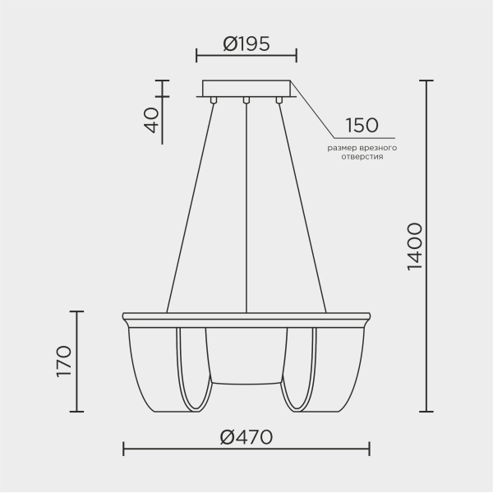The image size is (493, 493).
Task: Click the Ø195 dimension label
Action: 246,44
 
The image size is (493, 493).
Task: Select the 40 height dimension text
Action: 150,121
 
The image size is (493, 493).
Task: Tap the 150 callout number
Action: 362,126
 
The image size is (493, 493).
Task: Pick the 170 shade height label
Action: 65,362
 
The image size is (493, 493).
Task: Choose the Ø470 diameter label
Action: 246,437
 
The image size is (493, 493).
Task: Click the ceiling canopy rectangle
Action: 246,88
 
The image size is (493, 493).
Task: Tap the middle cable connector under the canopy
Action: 246,101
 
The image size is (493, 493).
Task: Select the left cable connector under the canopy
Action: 214,101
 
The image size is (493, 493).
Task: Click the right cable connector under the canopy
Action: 279,101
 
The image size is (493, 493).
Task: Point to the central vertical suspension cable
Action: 246,205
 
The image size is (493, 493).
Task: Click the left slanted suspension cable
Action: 191,205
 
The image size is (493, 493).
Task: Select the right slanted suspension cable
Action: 302,205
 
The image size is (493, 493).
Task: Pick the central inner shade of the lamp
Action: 246,353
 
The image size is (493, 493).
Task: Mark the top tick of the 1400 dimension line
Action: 426,81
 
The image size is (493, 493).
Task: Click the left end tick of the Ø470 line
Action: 123,449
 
